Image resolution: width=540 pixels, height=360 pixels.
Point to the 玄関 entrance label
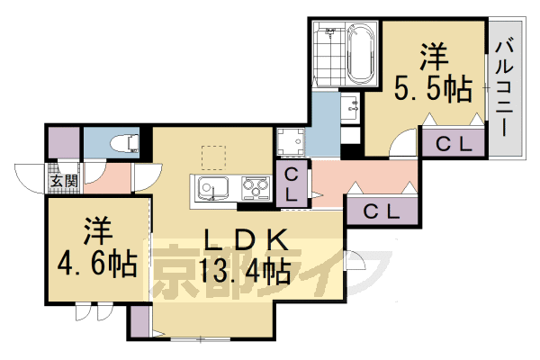[63, 180]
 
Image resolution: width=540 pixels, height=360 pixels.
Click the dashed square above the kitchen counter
[214, 157]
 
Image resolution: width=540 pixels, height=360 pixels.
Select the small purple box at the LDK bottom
[139, 322]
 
